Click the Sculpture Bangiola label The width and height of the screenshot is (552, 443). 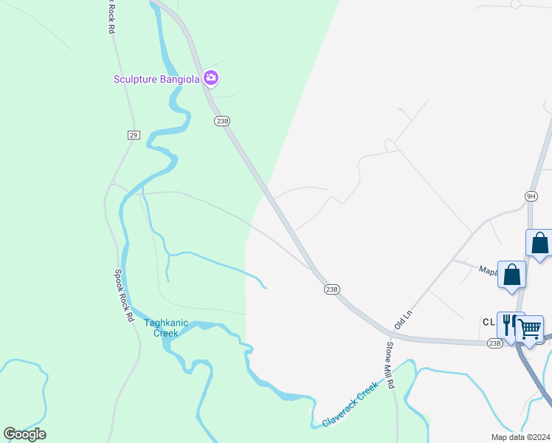point(157,79)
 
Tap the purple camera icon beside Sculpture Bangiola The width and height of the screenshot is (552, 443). point(212,78)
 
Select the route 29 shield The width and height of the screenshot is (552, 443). point(133,134)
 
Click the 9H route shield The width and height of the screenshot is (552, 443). point(531,196)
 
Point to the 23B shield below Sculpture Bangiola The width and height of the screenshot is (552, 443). point(222,120)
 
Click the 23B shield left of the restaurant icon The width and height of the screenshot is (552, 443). point(494,343)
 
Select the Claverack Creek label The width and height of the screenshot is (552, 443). point(351,404)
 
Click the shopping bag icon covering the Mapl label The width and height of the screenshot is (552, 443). point(511,275)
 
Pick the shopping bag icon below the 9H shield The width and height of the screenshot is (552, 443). point(539,243)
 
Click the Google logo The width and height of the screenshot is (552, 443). point(24,434)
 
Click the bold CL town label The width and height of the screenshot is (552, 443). point(488,323)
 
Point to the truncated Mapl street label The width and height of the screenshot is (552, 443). point(488,270)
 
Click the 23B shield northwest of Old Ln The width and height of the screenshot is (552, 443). point(331,289)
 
